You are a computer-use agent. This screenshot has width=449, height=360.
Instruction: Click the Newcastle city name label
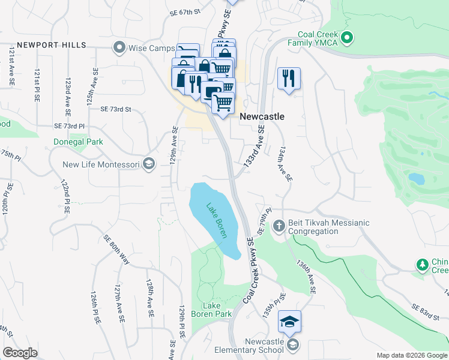(x=262, y=117)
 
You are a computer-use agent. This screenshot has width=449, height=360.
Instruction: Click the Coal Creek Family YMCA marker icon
(x=346, y=40)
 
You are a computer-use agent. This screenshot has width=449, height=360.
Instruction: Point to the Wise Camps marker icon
(x=119, y=47)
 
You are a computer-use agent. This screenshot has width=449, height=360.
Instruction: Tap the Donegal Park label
(x=78, y=142)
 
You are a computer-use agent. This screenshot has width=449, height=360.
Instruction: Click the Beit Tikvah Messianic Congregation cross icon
(x=278, y=227)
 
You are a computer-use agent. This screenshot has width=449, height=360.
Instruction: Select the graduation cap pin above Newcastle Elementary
(x=289, y=322)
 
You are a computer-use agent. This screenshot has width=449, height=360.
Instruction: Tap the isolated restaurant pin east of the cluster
(x=289, y=78)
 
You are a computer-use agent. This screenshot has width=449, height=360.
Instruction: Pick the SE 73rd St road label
(x=116, y=109)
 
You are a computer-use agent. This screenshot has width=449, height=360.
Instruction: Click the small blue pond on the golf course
(x=415, y=178)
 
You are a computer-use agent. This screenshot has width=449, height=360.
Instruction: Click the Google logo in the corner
(x=20, y=353)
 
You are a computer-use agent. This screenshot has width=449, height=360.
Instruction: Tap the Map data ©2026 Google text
(x=411, y=355)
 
